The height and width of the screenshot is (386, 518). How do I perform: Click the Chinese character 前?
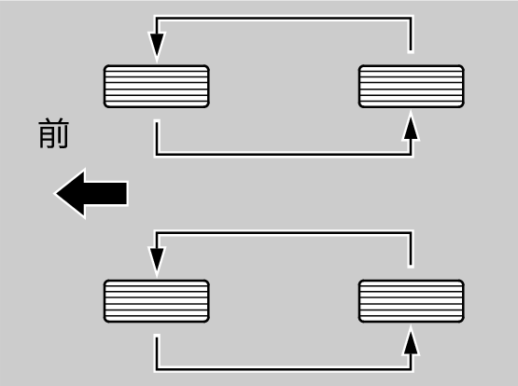[54, 134]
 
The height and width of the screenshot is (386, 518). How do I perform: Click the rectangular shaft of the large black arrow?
[105, 194]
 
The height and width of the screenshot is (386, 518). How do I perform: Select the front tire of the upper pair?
[157, 87]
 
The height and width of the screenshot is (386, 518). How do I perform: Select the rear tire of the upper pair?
[412, 87]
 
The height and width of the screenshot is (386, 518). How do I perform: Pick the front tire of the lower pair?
[157, 301]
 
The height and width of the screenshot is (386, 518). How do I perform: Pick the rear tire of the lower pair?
[412, 301]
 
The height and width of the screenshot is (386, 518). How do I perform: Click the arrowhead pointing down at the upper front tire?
[157, 47]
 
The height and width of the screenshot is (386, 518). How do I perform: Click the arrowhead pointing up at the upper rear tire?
[411, 127]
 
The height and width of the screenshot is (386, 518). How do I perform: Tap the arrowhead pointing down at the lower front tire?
[157, 261]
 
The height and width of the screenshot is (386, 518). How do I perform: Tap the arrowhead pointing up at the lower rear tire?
[411, 341]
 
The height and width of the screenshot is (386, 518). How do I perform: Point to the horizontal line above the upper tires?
[284, 18]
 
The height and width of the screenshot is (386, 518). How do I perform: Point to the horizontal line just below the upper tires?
[284, 154]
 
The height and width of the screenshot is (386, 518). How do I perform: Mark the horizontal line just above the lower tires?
[284, 233]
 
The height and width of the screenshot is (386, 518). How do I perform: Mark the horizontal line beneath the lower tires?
[284, 368]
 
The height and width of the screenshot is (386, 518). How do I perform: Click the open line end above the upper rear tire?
[411, 50]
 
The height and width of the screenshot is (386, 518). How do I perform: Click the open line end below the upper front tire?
[157, 122]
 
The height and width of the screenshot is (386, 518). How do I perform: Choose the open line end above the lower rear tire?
[411, 265]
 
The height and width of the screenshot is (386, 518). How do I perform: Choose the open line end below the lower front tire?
[157, 337]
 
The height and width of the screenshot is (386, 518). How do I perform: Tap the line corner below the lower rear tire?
[411, 368]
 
